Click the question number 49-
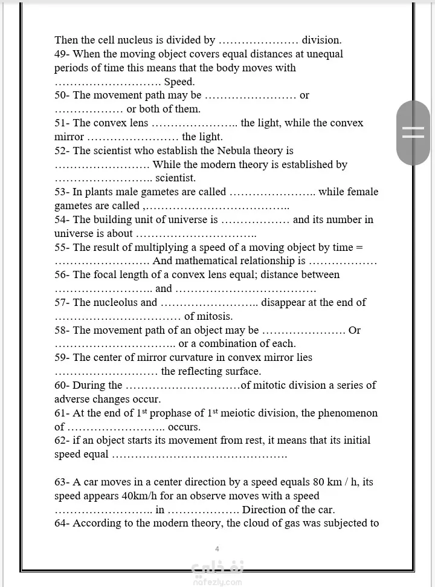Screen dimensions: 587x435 (x=62, y=54)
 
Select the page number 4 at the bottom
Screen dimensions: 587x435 (x=217, y=549)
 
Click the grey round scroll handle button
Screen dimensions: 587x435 (x=413, y=133)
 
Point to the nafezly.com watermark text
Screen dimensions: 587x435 (x=217, y=582)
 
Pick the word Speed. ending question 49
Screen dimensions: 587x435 (x=179, y=82)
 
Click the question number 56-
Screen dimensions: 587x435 (x=62, y=274)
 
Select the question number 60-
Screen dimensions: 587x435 (x=62, y=385)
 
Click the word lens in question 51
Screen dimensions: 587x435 (x=138, y=123)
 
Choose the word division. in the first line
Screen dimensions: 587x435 (x=321, y=40)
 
